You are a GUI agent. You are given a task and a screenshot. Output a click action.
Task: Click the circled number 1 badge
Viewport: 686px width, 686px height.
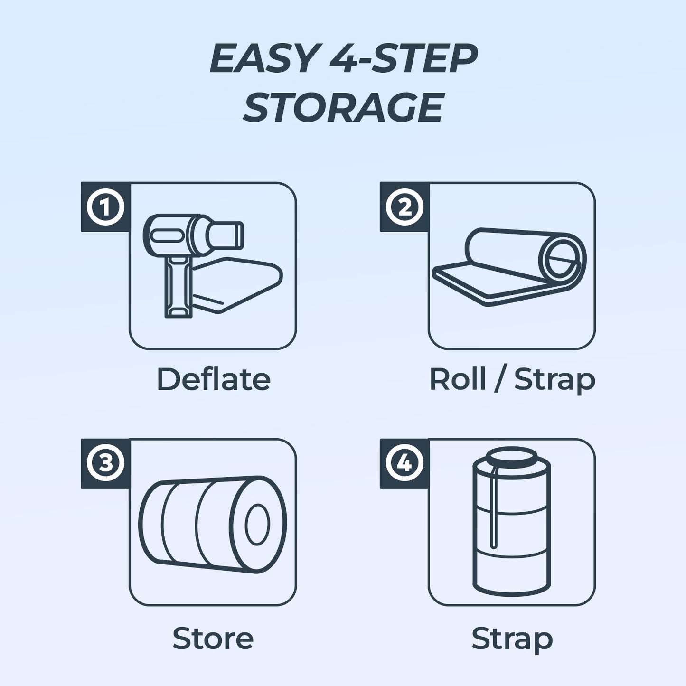[105, 207]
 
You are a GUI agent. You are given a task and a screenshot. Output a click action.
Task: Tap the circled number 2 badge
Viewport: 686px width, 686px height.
[404, 207]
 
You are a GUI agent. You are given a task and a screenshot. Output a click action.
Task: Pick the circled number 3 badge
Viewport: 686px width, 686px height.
[105, 463]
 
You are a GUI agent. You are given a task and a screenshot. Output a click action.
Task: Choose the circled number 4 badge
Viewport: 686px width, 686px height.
[404, 463]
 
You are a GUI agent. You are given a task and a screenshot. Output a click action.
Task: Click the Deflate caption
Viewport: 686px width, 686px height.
[213, 380]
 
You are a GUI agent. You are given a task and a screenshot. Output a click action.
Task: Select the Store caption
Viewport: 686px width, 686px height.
[213, 639]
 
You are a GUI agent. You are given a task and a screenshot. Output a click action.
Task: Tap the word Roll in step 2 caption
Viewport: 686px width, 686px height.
[458, 380]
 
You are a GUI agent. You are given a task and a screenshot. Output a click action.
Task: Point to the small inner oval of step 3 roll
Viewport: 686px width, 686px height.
[257, 525]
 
